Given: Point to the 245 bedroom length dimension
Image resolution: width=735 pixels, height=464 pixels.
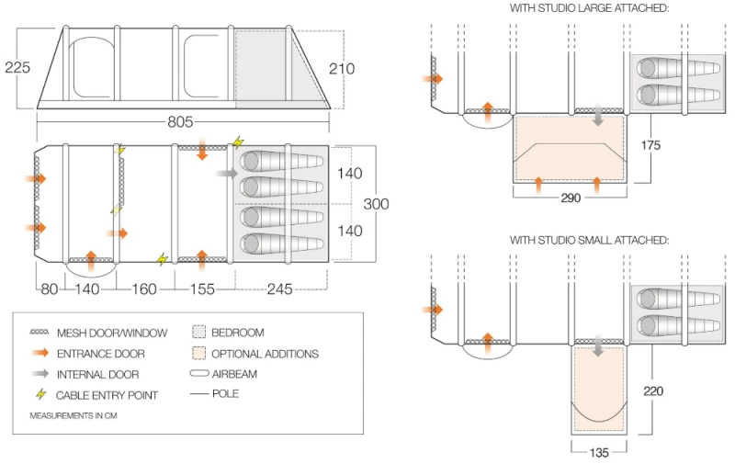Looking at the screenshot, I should (279, 289).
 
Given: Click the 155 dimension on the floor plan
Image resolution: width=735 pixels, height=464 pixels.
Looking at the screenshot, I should (201, 289).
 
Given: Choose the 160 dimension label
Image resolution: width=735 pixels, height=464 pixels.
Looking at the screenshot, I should (144, 289).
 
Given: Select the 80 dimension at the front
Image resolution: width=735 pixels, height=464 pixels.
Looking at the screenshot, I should (47, 289).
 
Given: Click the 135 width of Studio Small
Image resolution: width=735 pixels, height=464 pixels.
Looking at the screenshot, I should (598, 452).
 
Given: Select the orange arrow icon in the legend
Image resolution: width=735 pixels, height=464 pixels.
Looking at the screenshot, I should (40, 353).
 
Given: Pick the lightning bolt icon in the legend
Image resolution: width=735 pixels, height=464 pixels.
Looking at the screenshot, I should (40, 394).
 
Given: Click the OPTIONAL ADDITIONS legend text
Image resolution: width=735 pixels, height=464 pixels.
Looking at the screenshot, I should (265, 353).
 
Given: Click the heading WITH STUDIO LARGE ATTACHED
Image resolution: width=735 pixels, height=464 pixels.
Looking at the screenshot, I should (589, 8).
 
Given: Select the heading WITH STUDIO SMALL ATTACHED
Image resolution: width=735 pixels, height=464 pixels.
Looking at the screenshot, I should (589, 240).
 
